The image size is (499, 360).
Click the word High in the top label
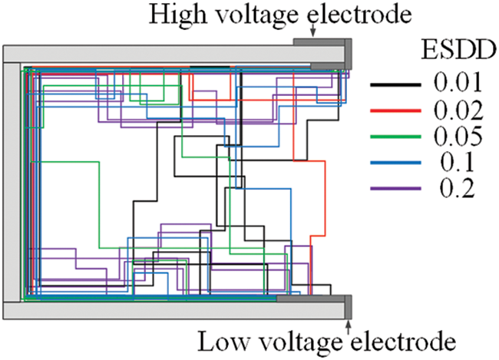pyautogui.click(x=178, y=14)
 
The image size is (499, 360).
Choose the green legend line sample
pyautogui.click(x=395, y=136)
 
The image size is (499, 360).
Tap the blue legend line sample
pyautogui.click(x=395, y=162)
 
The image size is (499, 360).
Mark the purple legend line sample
pyautogui.click(x=395, y=188)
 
